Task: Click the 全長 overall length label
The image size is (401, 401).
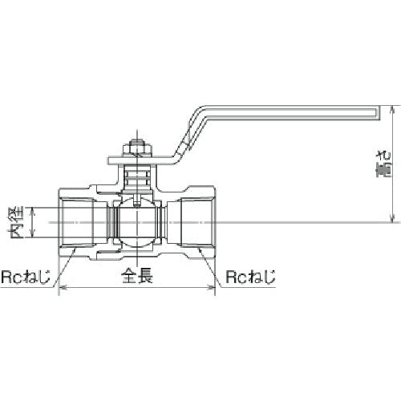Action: [x=137, y=276]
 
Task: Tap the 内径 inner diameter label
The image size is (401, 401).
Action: [x=17, y=222]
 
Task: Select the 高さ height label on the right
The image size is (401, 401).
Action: [x=383, y=164]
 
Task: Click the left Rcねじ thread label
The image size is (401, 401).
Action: [x=26, y=277]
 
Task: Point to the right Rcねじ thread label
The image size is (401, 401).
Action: [x=250, y=277]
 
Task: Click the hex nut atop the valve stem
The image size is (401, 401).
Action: [x=137, y=149]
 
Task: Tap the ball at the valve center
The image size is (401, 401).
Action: [x=137, y=222]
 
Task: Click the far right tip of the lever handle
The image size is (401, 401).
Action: [x=379, y=112]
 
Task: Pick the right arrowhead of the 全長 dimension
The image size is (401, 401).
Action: [x=212, y=288]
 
